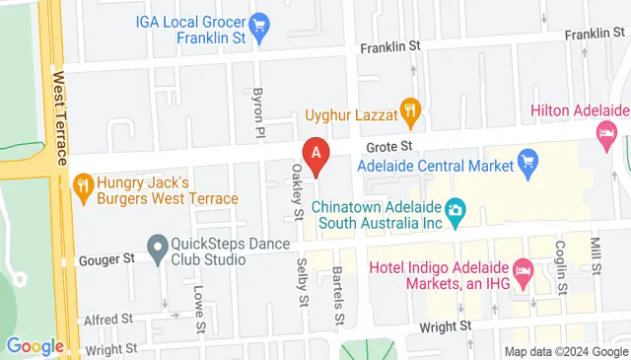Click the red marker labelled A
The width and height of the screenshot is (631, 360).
(x=315, y=154)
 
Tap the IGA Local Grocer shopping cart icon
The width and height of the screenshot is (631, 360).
(x=260, y=23)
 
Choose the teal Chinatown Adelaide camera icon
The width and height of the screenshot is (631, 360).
(x=456, y=208)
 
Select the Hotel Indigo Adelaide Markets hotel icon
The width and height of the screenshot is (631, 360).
(x=525, y=268)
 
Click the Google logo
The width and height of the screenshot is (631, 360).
(x=34, y=346)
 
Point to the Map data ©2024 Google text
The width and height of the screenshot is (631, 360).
(x=566, y=351)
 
